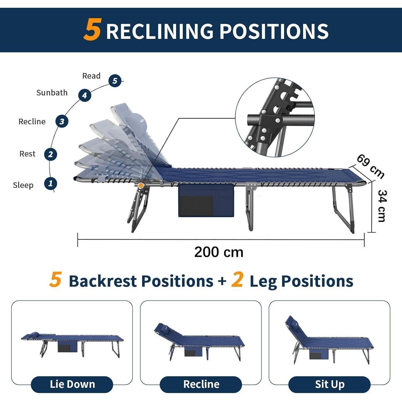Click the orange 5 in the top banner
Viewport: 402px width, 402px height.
click(x=92, y=29)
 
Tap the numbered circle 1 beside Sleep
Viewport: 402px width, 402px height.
click(x=50, y=184)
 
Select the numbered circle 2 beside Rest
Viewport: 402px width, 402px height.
click(x=50, y=154)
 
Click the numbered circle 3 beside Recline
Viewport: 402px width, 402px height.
click(x=62, y=121)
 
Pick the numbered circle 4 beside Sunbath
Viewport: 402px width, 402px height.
click(x=85, y=95)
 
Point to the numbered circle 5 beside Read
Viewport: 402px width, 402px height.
click(x=115, y=81)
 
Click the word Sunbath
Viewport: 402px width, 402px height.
click(x=52, y=93)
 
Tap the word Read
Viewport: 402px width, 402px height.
click(x=91, y=76)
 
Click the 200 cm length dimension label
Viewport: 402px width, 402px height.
click(x=219, y=252)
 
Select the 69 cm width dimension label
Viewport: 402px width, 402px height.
click(x=371, y=166)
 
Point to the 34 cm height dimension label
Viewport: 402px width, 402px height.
click(x=382, y=206)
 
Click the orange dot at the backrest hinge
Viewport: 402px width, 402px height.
click(x=141, y=185)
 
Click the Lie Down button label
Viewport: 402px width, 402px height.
click(x=72, y=384)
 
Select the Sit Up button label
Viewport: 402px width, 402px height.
click(x=330, y=385)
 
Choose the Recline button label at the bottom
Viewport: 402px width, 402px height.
click(x=201, y=384)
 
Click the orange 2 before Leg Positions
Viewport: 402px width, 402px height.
click(x=237, y=280)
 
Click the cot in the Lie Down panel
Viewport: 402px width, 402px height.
click(x=72, y=344)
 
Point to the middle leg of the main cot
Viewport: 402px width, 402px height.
click(x=250, y=208)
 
